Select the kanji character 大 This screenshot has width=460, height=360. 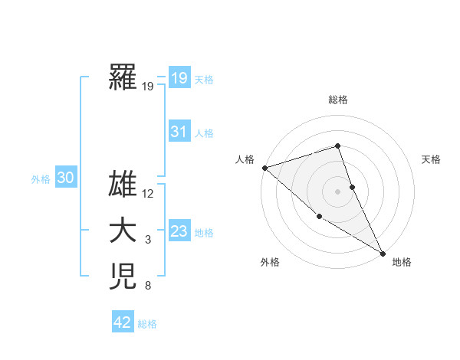123,231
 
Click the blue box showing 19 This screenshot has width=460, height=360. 179,77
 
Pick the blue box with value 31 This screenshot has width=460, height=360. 179,132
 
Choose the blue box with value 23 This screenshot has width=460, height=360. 179,231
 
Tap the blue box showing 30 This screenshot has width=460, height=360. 65,178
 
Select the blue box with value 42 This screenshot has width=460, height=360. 123,322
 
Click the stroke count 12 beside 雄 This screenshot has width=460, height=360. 148,194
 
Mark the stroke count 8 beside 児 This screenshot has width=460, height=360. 148,286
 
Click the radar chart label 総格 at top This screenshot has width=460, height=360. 338,100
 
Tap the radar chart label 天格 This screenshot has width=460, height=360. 431,159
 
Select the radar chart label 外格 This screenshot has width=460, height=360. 270,262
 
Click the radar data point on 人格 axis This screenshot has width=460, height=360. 264,167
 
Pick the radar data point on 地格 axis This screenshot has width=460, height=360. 383,253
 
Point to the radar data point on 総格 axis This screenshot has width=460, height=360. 338,146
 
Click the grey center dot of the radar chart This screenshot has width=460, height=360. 338,191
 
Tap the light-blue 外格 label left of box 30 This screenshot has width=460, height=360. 41,179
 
